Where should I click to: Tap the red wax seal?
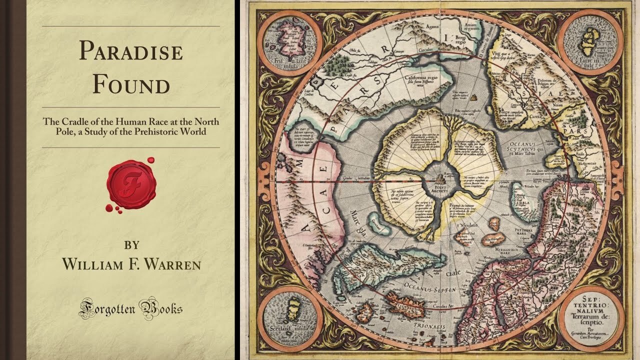(x=130, y=183)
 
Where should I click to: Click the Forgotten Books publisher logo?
(x=130, y=308)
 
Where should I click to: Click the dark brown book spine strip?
(x=13, y=180)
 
